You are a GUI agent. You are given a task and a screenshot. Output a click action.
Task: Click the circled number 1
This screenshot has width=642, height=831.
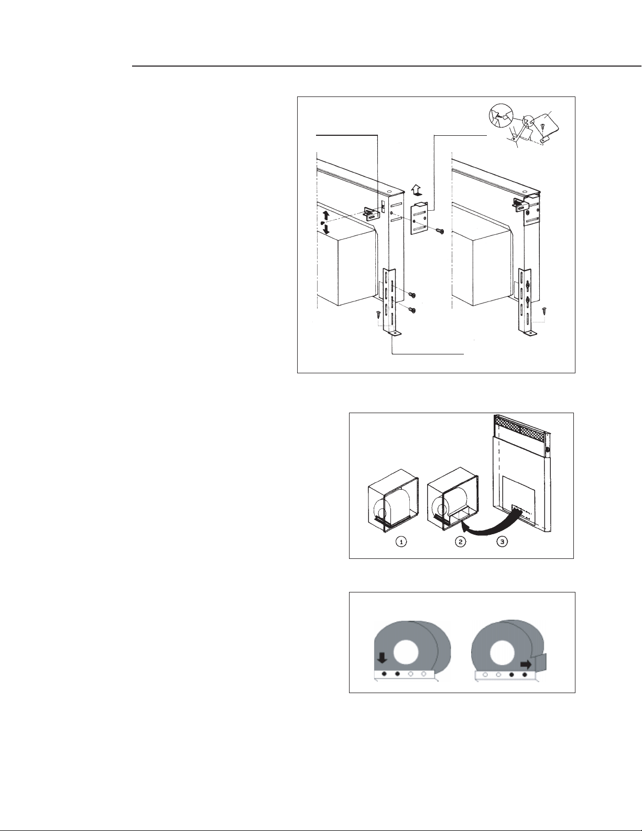(401, 542)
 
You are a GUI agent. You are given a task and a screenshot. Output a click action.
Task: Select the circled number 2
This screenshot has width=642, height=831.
(461, 542)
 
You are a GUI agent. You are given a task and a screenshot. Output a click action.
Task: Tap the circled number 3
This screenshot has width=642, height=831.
(503, 542)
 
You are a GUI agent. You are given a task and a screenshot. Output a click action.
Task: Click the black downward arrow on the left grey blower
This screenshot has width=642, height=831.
(382, 657)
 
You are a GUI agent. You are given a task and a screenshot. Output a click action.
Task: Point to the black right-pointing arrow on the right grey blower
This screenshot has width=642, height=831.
(526, 665)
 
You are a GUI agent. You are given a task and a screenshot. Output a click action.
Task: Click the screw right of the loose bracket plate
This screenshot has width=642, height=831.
(440, 231)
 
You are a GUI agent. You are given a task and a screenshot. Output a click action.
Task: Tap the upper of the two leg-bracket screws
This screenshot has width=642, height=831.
(411, 295)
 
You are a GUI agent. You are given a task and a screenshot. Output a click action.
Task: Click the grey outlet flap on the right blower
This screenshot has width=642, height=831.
(541, 663)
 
